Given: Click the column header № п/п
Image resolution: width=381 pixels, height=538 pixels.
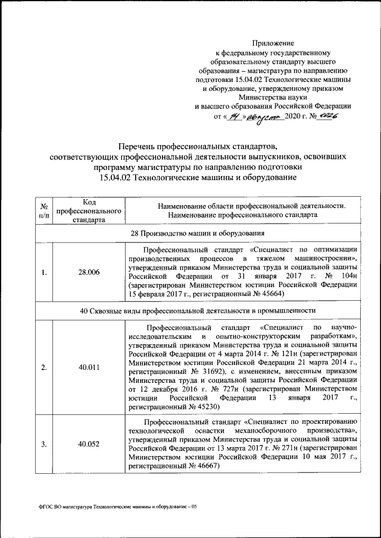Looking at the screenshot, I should (x=44, y=210).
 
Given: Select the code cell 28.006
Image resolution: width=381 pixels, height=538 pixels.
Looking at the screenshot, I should (x=89, y=272).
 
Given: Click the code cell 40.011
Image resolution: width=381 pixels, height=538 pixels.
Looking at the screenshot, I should (x=89, y=367).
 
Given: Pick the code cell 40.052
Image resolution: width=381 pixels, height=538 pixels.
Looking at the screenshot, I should (x=89, y=443).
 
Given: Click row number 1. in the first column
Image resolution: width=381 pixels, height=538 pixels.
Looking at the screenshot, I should (x=44, y=272).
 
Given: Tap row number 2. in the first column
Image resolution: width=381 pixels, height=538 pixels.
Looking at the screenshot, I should (x=44, y=367).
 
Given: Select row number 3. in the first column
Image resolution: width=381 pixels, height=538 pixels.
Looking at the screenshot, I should (x=44, y=443).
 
